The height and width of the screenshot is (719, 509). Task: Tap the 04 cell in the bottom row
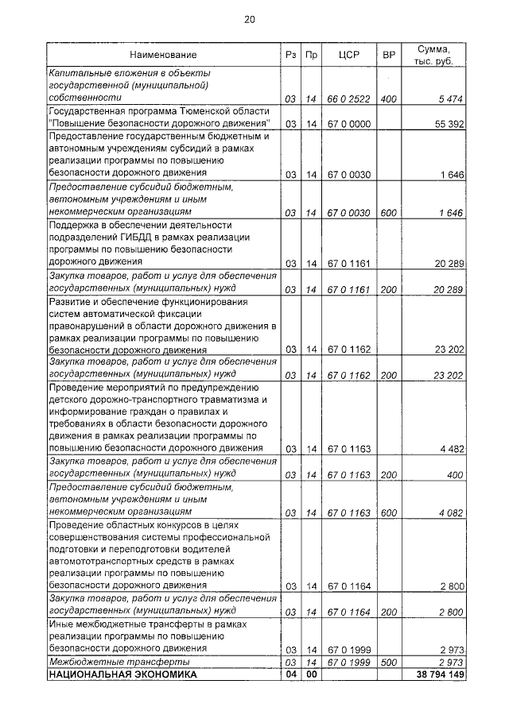click(291, 675)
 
